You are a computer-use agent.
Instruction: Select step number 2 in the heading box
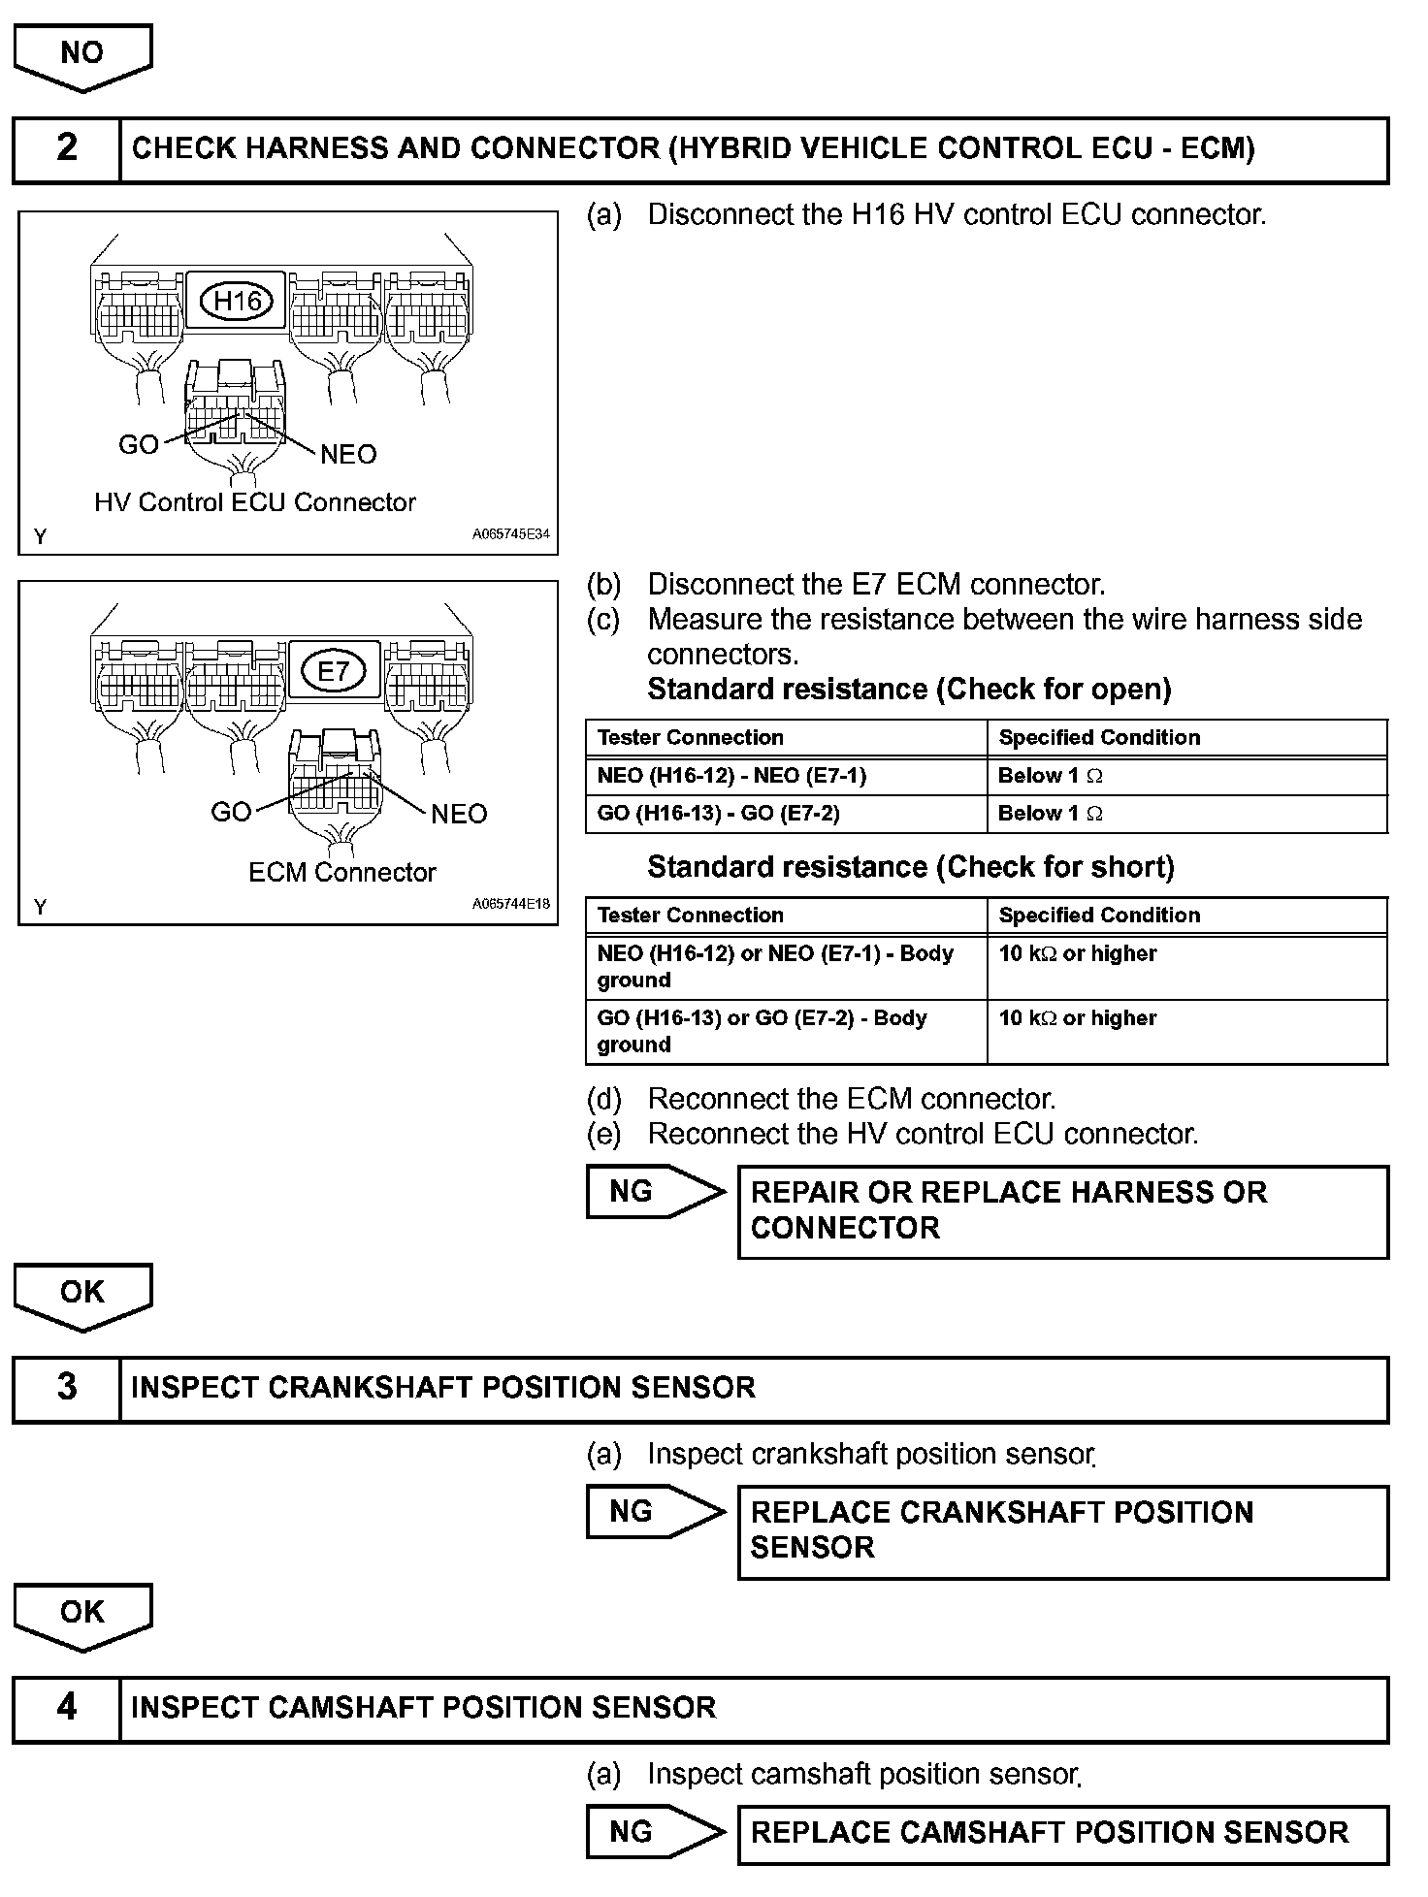(66, 148)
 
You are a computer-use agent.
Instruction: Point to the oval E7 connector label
(333, 671)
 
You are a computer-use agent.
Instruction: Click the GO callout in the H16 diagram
(139, 444)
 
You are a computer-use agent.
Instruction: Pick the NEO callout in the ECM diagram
(458, 814)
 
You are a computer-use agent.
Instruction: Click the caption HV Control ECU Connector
(254, 502)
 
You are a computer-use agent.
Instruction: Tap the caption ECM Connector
(341, 873)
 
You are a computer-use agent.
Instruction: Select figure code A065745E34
(511, 533)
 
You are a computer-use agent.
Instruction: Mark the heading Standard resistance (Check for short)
(910, 867)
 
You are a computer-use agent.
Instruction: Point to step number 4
(66, 1706)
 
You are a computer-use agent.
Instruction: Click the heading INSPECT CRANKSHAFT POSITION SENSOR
(442, 1388)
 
